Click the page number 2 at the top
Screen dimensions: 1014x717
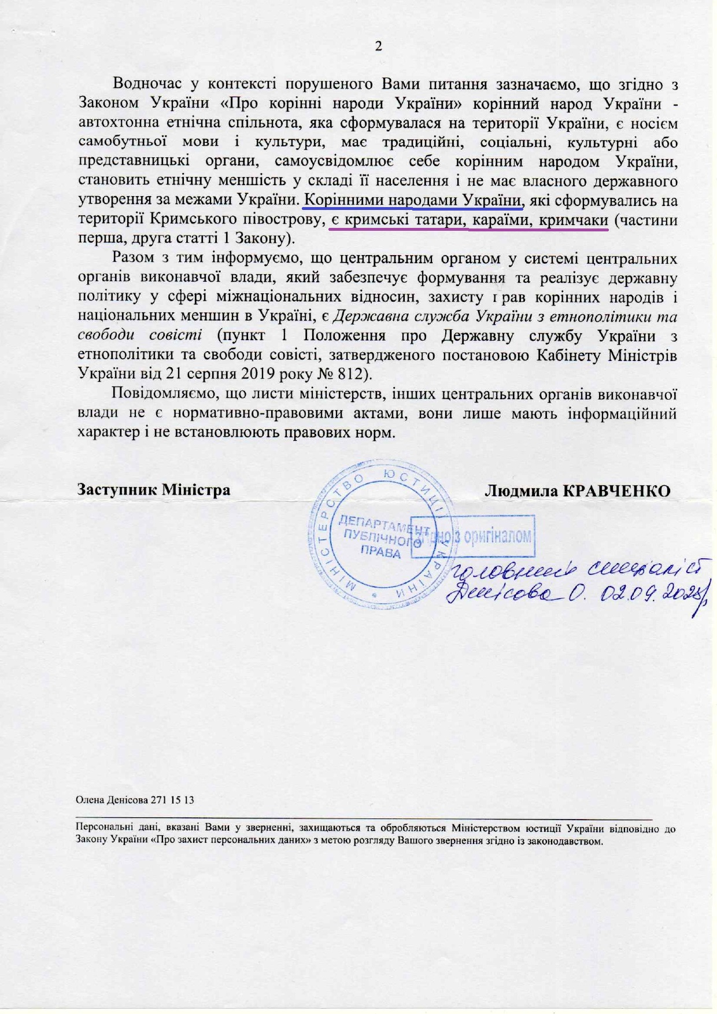(379, 46)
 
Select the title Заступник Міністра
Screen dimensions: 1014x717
(154, 489)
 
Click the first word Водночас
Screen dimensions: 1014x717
(147, 83)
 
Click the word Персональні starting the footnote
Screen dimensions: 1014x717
(99, 828)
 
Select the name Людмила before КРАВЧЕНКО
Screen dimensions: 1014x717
(521, 491)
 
